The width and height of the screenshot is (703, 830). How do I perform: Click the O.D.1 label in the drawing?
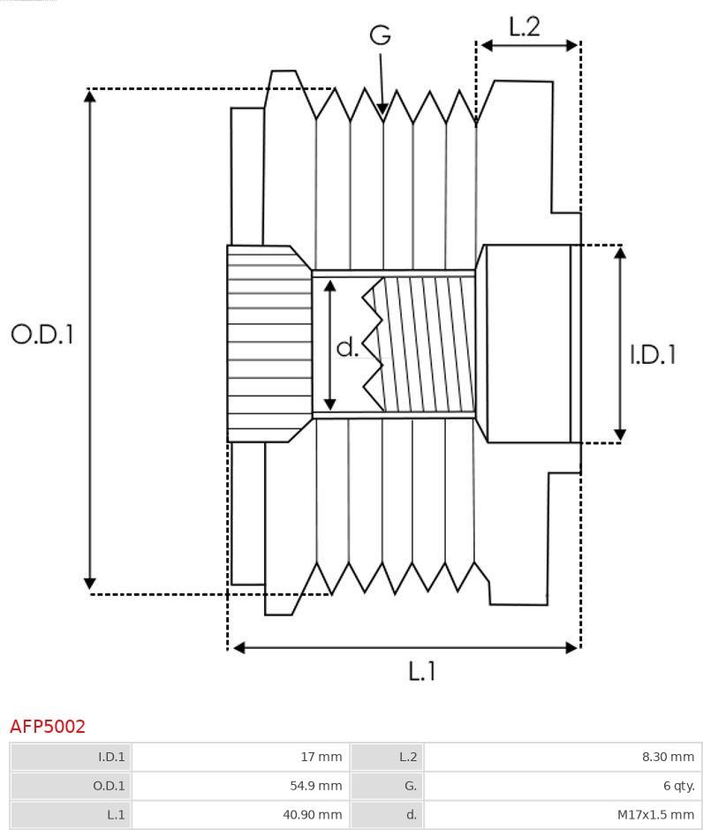click(x=42, y=335)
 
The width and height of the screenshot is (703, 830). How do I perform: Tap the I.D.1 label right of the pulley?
click(x=653, y=354)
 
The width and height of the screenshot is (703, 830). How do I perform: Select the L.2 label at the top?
click(x=524, y=26)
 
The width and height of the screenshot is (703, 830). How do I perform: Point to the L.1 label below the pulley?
click(x=422, y=671)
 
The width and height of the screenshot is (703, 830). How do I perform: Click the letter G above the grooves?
click(x=380, y=35)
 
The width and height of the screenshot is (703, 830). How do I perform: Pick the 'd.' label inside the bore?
click(x=348, y=346)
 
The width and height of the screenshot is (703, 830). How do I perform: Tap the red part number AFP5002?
click(x=48, y=726)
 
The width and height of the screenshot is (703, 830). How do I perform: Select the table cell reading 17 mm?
click(x=321, y=757)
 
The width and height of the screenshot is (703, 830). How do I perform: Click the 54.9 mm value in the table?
click(x=316, y=786)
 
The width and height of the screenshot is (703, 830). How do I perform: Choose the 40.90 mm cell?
click(x=313, y=814)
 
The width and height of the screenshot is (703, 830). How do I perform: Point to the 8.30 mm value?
click(x=668, y=757)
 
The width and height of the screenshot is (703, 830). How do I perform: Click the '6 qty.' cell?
click(x=678, y=786)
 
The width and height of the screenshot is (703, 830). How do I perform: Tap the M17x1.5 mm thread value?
click(x=656, y=814)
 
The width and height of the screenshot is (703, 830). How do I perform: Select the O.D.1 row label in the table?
click(x=109, y=786)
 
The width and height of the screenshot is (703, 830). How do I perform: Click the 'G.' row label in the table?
click(x=411, y=786)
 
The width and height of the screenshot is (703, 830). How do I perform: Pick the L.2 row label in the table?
click(x=408, y=757)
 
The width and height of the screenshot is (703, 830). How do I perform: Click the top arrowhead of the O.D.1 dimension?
click(x=90, y=96)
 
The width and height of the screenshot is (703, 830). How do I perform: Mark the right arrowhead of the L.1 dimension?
click(x=571, y=647)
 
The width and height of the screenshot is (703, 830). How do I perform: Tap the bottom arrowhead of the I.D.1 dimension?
click(x=620, y=435)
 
